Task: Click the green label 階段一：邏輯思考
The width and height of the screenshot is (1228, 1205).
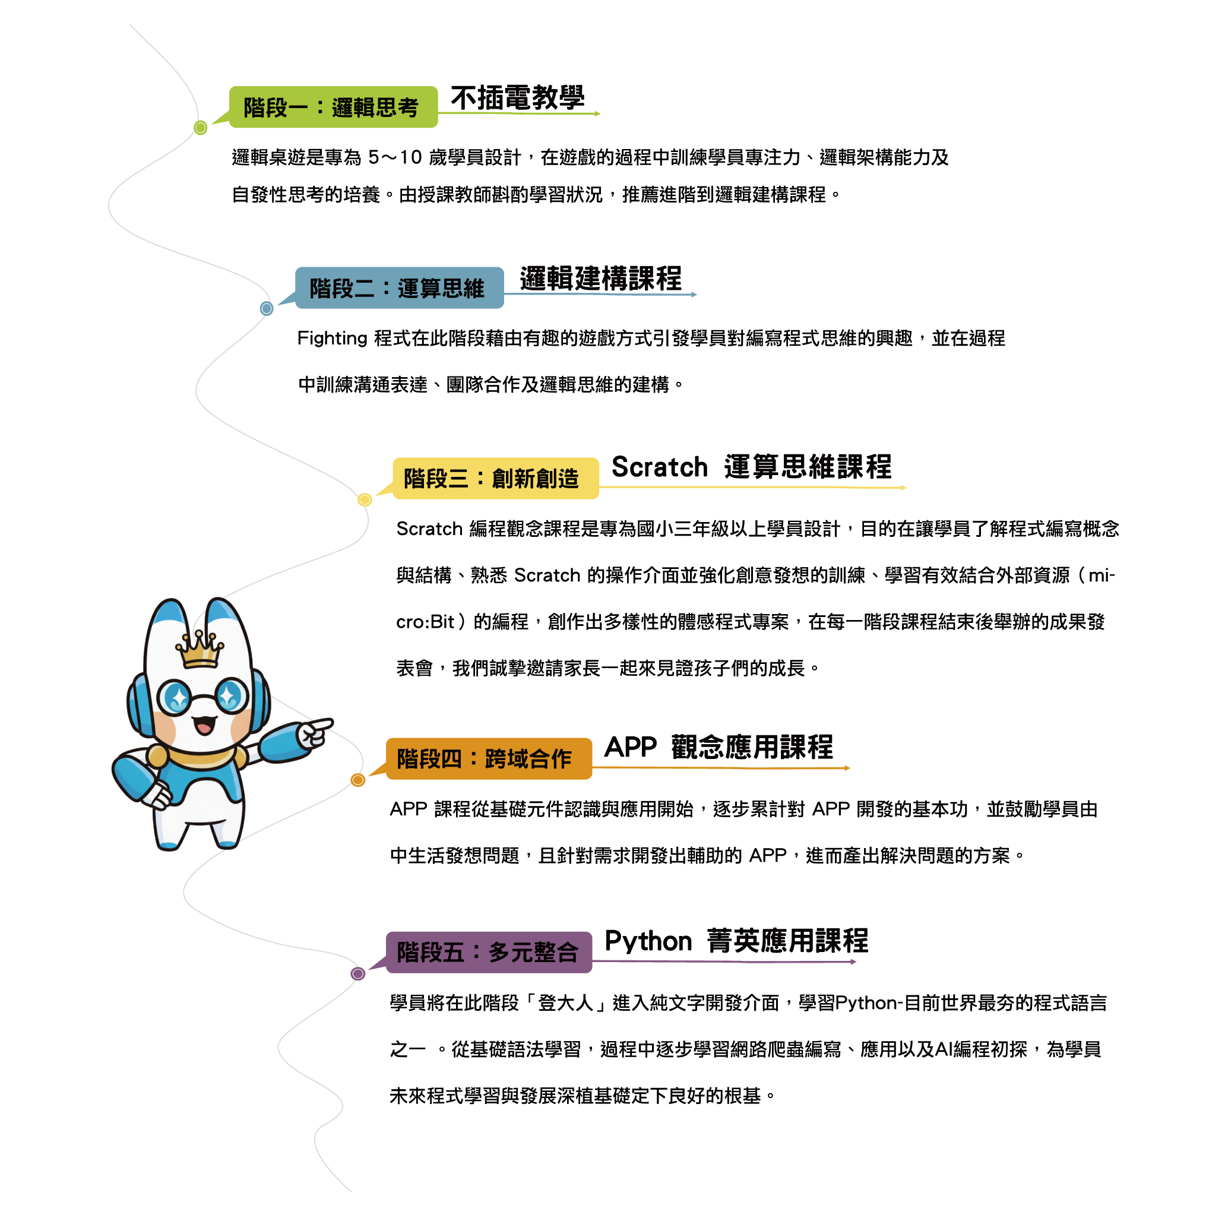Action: (x=333, y=107)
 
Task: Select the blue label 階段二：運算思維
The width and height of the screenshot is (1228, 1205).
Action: (x=399, y=288)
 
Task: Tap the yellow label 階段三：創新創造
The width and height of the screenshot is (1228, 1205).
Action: (x=495, y=479)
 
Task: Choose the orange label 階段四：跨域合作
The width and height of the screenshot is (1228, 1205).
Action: (x=489, y=758)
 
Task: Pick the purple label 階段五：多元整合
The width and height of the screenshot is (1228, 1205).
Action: (x=489, y=952)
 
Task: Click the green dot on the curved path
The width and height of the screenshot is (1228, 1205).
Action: (x=201, y=128)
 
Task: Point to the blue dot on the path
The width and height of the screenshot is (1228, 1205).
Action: (x=267, y=308)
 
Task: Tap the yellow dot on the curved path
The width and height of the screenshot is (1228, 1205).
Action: (x=365, y=499)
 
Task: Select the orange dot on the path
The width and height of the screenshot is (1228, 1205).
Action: (x=358, y=780)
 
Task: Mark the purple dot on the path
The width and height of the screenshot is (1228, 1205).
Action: (x=358, y=973)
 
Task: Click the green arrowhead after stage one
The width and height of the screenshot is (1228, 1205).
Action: (x=597, y=114)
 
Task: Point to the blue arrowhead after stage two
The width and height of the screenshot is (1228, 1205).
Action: (x=694, y=295)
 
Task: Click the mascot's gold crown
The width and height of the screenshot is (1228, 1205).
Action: (x=200, y=650)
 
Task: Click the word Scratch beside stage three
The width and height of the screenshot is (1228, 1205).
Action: (x=660, y=467)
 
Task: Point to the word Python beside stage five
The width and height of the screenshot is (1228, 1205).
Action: (x=648, y=942)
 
